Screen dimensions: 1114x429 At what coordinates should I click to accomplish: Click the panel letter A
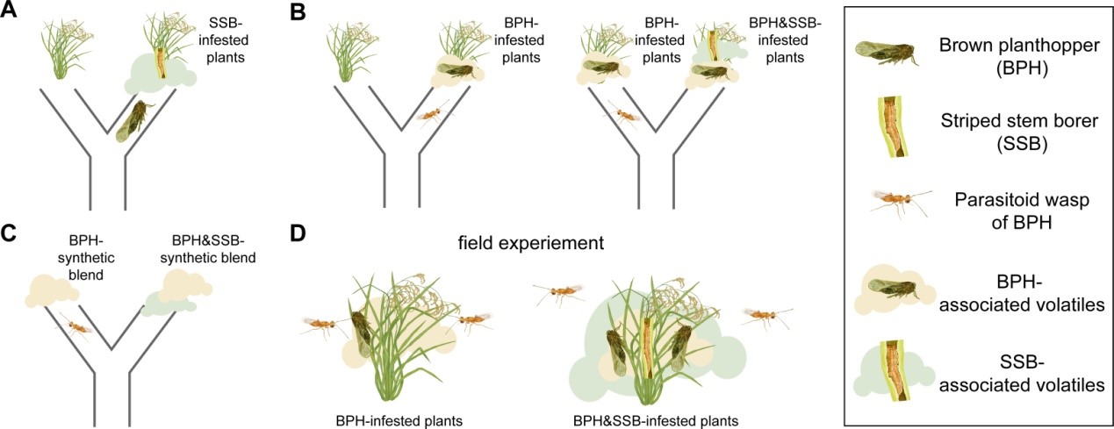[9, 11]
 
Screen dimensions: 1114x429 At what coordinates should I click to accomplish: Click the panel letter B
[298, 11]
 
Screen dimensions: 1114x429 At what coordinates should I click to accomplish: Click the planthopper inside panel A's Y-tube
[133, 122]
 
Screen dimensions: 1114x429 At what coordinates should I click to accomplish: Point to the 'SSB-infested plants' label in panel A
[224, 40]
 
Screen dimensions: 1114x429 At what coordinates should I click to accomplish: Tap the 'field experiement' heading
[531, 243]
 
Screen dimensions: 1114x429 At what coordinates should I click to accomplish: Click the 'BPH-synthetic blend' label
[86, 259]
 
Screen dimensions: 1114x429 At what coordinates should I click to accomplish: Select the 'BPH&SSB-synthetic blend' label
[208, 249]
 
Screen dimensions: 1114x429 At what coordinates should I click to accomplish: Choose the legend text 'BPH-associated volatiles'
[1022, 294]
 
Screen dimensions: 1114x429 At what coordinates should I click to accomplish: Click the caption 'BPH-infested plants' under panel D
[399, 421]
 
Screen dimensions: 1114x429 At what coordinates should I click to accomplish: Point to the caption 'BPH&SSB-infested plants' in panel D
[656, 421]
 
